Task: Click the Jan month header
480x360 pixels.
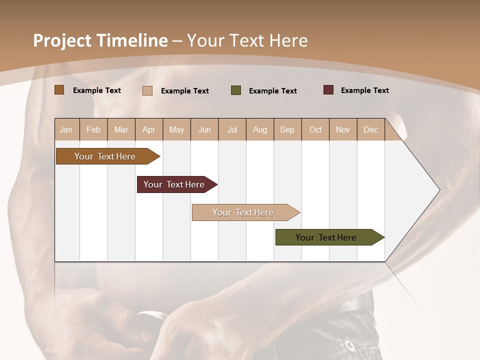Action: point(66,129)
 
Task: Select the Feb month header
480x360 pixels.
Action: point(93,129)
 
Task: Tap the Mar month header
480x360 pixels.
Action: point(121,129)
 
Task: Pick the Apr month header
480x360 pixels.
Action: point(149,129)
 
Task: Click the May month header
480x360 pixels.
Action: point(176,129)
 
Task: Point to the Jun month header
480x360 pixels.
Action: point(204,129)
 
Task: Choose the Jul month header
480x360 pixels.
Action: point(232,129)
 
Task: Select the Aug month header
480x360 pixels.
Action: point(260,129)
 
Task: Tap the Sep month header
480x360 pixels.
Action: point(287,129)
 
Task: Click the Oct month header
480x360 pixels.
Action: point(315,129)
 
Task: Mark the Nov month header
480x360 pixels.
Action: point(343,129)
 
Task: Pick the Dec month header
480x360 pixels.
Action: point(371,129)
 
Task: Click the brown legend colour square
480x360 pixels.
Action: point(59,90)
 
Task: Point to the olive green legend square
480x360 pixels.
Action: point(236,90)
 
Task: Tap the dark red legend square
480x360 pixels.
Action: point(328,90)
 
